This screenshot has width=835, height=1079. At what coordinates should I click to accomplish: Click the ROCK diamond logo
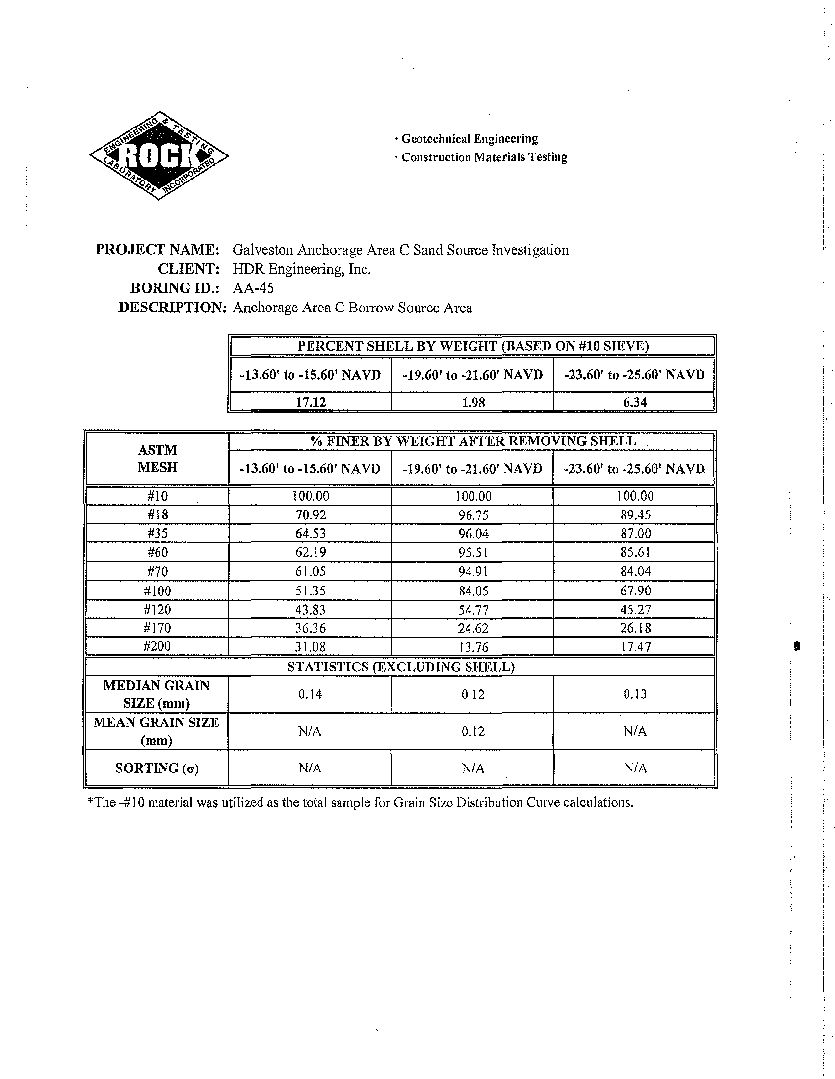pos(158,155)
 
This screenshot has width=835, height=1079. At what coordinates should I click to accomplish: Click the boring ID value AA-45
pos(253,288)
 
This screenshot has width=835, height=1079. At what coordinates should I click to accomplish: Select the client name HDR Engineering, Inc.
pos(301,269)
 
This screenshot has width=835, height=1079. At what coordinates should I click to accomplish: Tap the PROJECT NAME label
pos(157,250)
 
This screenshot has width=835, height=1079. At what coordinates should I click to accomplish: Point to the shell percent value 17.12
pos(311,402)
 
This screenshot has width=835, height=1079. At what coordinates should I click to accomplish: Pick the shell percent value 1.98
pos(473,402)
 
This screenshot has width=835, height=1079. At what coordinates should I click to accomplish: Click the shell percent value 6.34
pos(635,402)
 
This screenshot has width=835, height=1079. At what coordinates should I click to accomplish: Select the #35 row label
pos(157,534)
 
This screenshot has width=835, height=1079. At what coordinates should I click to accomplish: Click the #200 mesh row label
pos(157,646)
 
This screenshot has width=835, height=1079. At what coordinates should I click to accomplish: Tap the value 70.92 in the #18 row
pos(310,515)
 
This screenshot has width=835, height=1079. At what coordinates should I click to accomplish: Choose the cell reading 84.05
pos(473,591)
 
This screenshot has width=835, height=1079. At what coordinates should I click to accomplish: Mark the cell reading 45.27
pos(635,609)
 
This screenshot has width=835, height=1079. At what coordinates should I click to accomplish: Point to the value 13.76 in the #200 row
pos(473,647)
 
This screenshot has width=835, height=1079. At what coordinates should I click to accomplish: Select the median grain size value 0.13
pos(635,694)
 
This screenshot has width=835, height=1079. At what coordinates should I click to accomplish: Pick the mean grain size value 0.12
pos(473,731)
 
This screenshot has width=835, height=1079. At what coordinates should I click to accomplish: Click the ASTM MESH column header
pos(157,459)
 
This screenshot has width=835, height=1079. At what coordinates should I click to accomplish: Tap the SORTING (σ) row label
pos(157,768)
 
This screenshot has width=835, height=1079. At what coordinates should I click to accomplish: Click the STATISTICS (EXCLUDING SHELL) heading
pos(401,667)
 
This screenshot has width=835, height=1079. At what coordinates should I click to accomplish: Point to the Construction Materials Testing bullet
pos(484,157)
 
